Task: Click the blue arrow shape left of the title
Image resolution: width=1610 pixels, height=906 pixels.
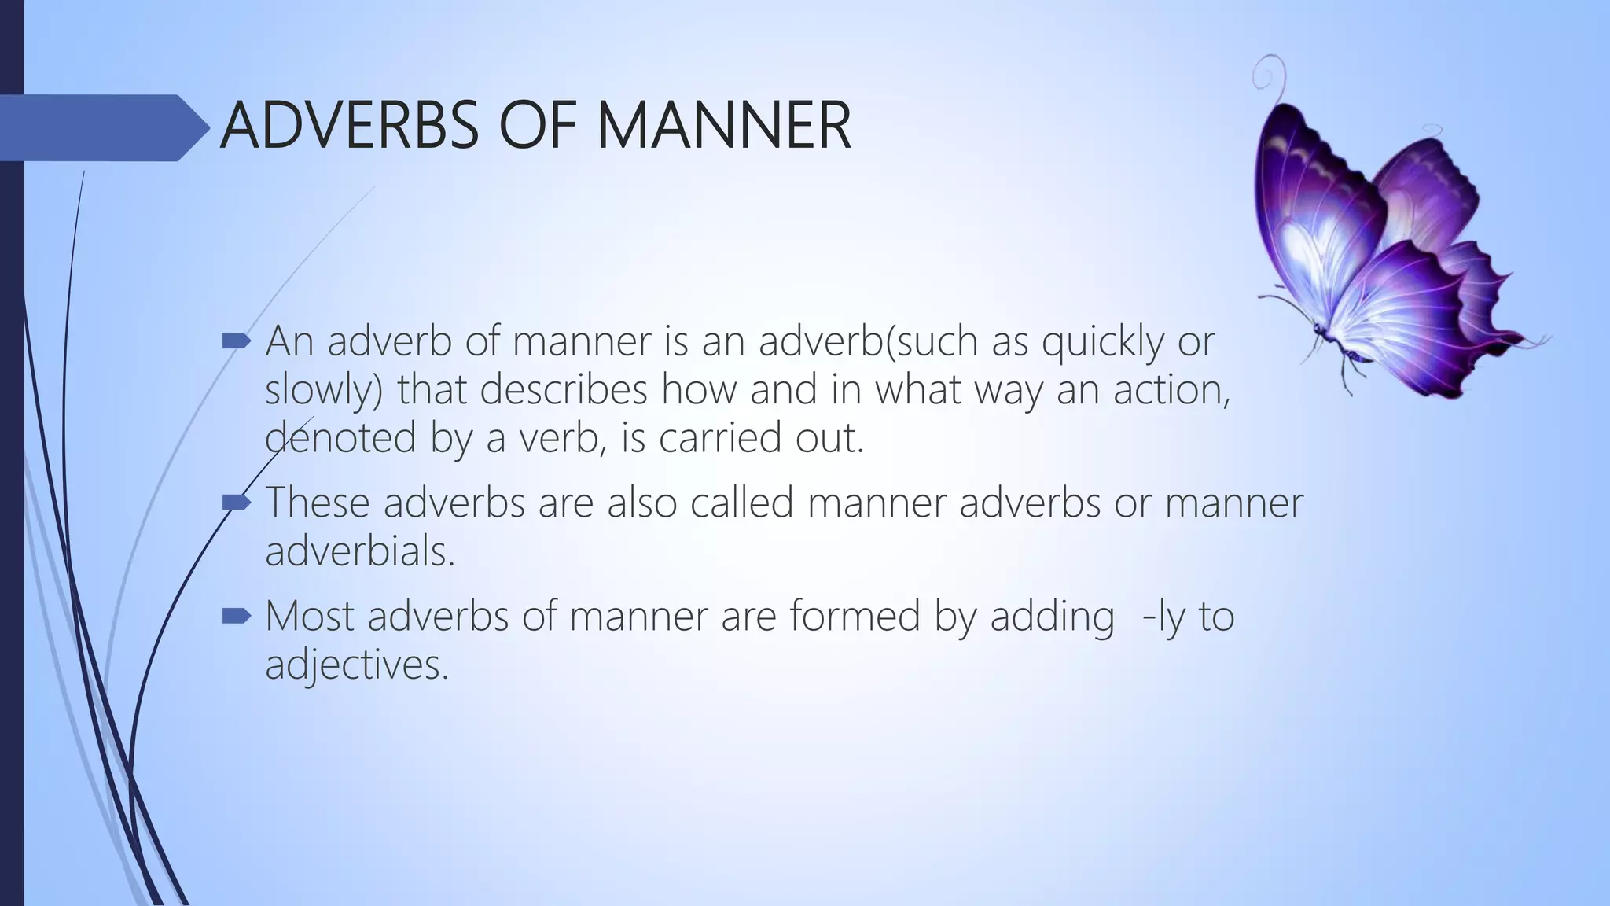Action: (x=102, y=128)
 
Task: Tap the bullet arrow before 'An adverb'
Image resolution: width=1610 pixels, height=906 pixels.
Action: (x=235, y=341)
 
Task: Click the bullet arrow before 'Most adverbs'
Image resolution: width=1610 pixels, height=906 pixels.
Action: (x=235, y=616)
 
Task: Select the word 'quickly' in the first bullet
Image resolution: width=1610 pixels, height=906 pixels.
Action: (x=1101, y=342)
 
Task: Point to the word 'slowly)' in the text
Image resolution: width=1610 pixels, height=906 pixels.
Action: (x=324, y=391)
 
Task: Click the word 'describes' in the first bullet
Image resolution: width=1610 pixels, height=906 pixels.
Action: (x=564, y=389)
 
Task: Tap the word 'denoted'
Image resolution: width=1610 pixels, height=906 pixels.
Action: (x=340, y=437)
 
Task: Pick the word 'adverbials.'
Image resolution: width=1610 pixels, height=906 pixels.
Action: (x=360, y=551)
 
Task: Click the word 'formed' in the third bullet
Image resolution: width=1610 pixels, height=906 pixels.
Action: (x=855, y=616)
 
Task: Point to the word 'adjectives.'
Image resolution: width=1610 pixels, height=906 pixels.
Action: (x=356, y=665)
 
